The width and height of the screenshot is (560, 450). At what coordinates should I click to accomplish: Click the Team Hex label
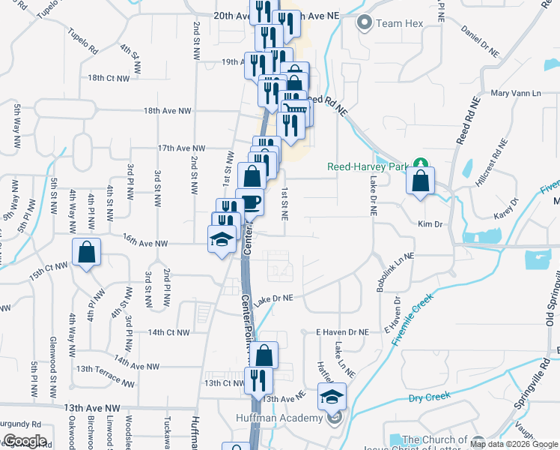(x=399, y=23)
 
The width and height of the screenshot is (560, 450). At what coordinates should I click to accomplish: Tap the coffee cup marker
(x=250, y=202)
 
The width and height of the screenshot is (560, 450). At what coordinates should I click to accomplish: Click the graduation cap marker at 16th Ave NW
(x=222, y=240)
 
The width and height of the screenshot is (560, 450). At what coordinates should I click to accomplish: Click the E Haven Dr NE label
(x=342, y=331)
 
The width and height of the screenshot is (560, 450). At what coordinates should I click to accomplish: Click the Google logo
(x=24, y=441)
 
